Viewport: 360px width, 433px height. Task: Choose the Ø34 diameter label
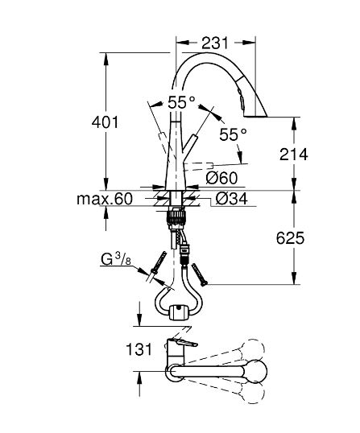231,199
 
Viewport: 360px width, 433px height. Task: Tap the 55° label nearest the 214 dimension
232,135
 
